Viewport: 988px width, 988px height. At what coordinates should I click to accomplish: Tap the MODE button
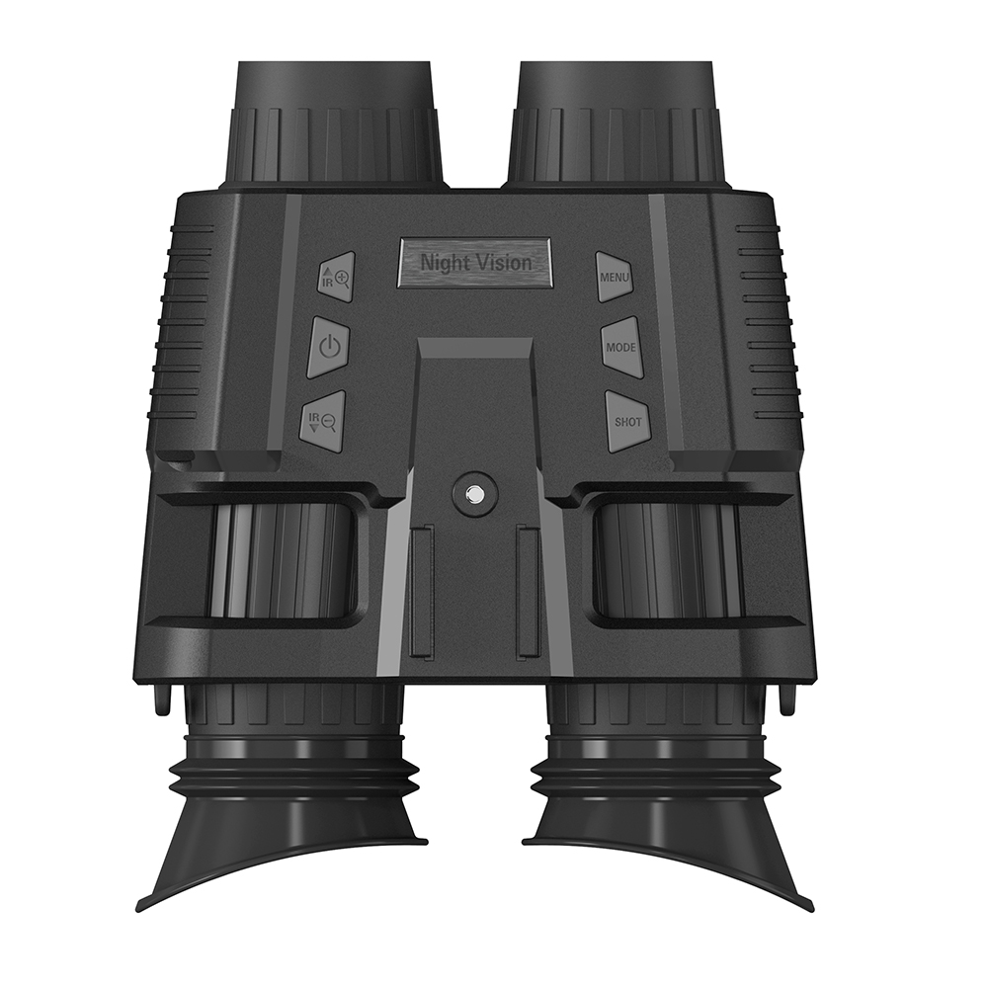point(621,347)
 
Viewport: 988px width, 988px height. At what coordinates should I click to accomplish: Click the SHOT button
point(626,422)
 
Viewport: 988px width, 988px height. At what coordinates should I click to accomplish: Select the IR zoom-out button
point(324,422)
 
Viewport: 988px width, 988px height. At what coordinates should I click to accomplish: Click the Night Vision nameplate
point(474,263)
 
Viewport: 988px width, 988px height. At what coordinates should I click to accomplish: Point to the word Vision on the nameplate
point(503,262)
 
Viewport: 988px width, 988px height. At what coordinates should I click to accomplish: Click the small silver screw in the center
point(474,495)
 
